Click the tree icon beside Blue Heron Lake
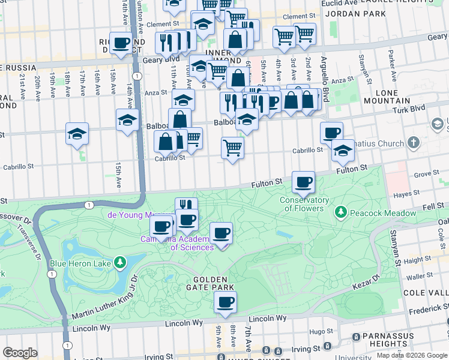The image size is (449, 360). click(121, 262)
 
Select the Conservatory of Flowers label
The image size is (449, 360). click(304, 204)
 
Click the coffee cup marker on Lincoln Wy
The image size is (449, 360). click(225, 303)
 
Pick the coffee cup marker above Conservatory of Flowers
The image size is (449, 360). click(304, 182)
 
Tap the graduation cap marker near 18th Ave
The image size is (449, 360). click(77, 134)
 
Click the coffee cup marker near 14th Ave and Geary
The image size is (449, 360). click(121, 43)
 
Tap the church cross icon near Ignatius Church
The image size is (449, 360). click(413, 143)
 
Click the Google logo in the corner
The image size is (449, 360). click(20, 353)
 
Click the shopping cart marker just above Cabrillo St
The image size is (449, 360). click(232, 148)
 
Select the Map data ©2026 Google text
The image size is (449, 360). click(411, 355)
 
